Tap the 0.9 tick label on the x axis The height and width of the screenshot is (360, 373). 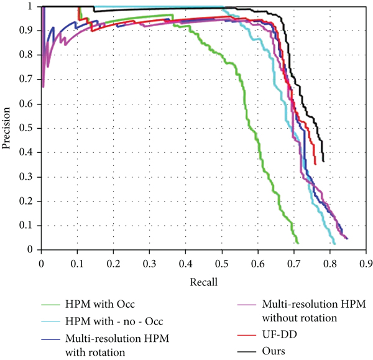tap(366, 264)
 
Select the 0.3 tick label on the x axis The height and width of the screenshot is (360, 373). tap(149, 264)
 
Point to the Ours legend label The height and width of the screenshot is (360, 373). tap(274, 351)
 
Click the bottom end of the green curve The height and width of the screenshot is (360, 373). tap(298, 243)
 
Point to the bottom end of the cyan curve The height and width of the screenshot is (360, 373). tap(334, 243)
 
